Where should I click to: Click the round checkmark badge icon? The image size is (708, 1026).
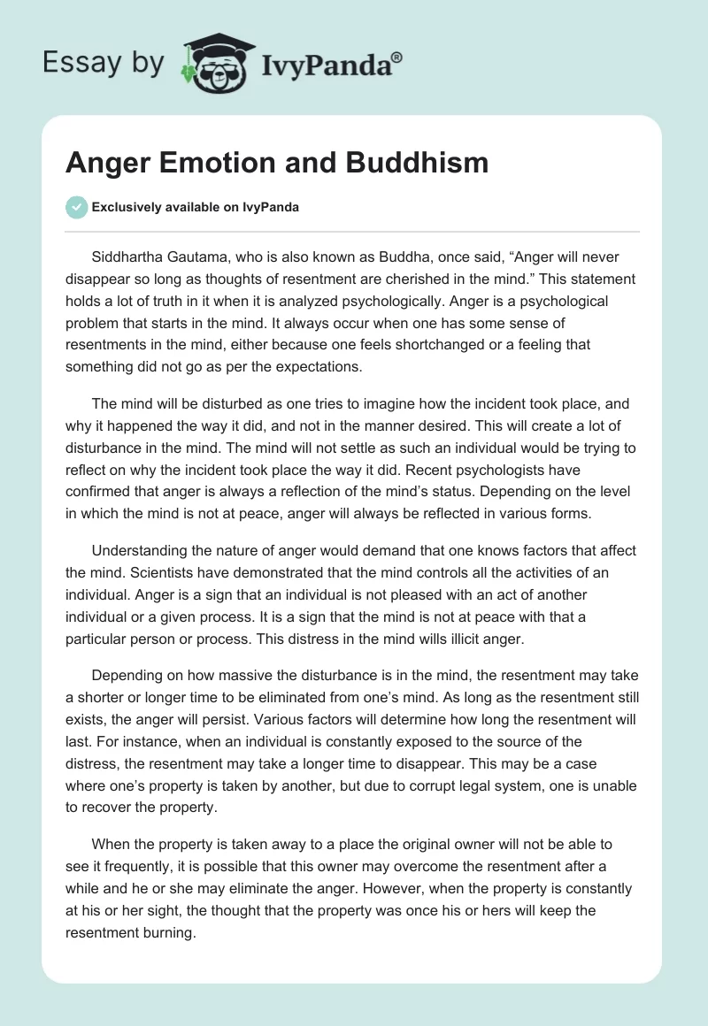click(x=76, y=207)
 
